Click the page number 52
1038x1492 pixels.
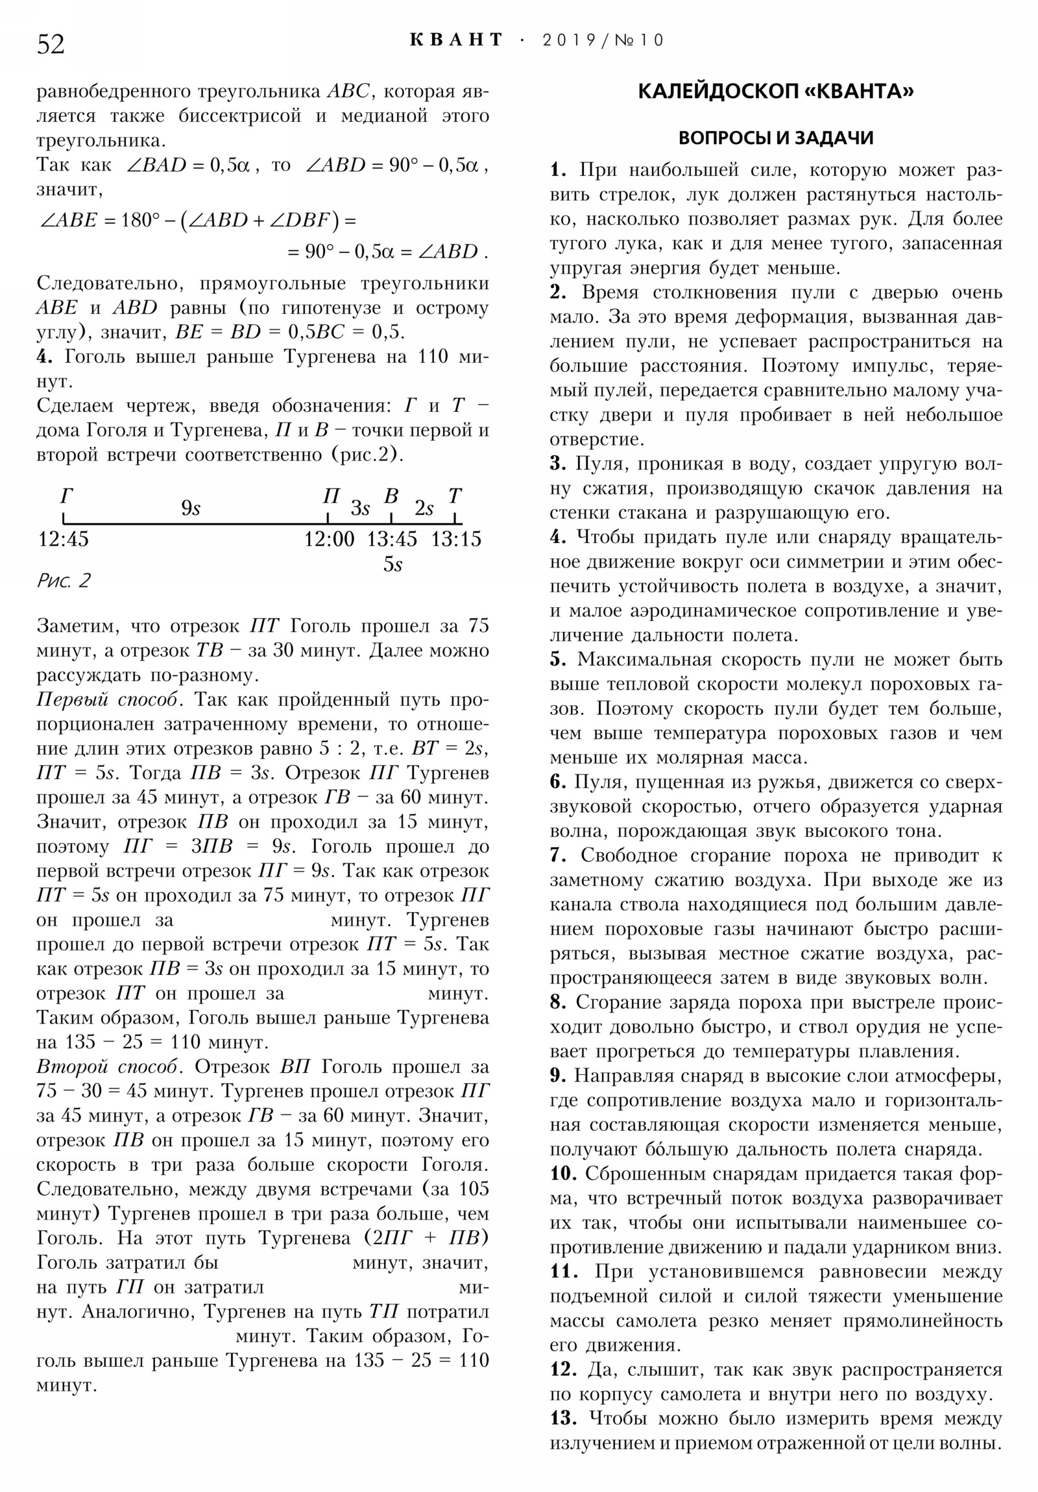coord(51,44)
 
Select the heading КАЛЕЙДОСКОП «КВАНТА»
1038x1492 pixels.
coord(775,91)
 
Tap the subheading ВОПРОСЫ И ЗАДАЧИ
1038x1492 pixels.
coord(775,138)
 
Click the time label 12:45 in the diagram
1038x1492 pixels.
coord(63,538)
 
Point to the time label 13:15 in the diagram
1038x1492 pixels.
coord(455,538)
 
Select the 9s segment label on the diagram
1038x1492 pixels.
coord(191,507)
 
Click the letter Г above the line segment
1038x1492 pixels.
coord(66,496)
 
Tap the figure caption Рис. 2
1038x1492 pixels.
coord(64,581)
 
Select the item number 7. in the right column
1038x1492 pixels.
coord(559,856)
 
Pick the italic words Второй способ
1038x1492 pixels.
coord(106,1067)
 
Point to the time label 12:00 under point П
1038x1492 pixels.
coord(330,538)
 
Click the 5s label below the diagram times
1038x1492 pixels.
coord(392,564)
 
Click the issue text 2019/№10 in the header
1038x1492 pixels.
coord(603,40)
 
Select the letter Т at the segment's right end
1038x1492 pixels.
coord(454,496)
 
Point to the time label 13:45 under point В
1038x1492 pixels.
coord(392,538)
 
